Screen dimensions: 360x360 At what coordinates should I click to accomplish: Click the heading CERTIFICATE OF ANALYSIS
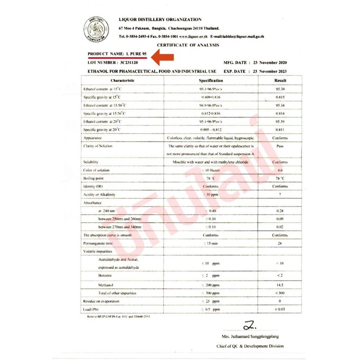188,45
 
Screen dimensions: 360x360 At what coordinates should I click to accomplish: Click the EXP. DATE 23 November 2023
255,71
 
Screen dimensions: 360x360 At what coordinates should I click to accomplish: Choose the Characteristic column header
122,80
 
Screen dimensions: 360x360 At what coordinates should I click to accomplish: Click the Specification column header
211,80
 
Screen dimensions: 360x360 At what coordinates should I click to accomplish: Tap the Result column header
280,80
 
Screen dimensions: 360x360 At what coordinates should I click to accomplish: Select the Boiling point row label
94,178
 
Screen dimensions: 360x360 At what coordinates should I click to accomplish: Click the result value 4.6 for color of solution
280,170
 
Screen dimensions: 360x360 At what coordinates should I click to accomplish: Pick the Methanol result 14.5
280,285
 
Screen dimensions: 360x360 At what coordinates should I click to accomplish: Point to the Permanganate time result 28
280,243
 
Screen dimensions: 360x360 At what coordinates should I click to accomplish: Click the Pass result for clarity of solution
280,147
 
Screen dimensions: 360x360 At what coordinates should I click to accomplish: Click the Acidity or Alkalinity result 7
280,194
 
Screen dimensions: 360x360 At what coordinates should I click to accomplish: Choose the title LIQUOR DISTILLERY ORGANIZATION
160,20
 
